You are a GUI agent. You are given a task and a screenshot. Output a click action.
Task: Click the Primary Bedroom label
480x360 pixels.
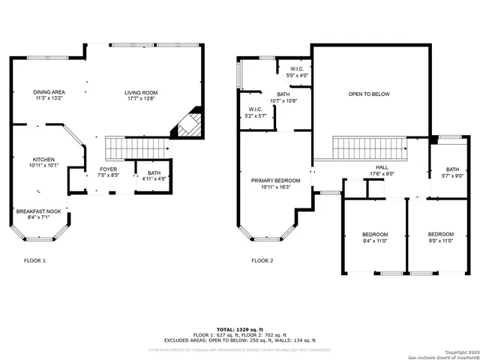pos(275,184)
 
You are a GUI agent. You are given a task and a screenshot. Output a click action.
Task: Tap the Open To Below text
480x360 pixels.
pos(369,94)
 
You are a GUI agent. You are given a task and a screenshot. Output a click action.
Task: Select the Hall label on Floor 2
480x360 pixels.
pos(382,171)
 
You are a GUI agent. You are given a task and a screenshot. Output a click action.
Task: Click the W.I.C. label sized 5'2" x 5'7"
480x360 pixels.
pos(256,113)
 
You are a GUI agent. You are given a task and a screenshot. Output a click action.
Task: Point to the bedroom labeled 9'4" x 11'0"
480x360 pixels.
pos(375,238)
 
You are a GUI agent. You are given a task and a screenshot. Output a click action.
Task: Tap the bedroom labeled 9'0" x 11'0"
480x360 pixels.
pos(440,238)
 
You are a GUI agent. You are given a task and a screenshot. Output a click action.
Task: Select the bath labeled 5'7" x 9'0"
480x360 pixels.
pos(452,172)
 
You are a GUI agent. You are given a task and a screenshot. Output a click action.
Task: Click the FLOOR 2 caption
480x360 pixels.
pos(262,261)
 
